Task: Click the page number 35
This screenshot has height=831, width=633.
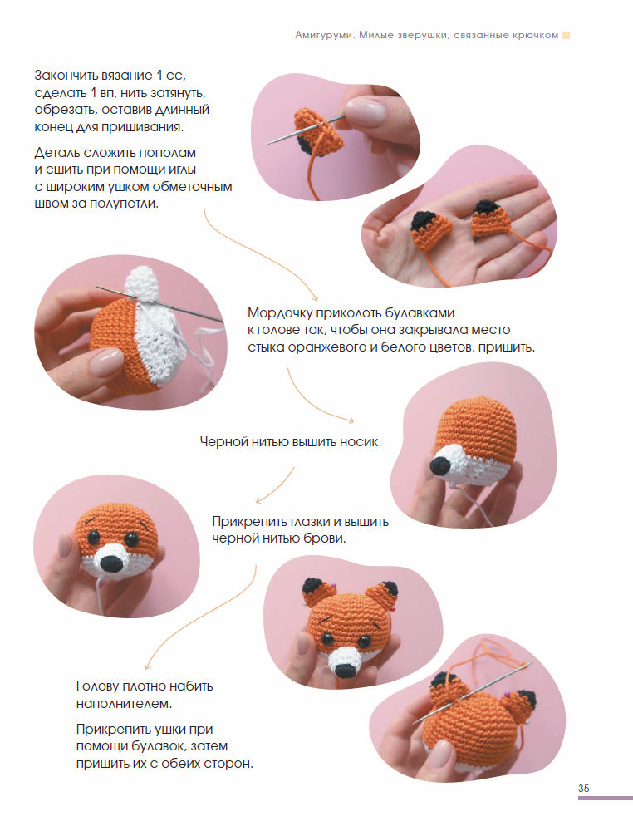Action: coord(583,788)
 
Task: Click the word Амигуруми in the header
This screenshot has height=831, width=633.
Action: coord(324,36)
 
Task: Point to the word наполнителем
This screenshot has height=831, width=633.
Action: coord(124,704)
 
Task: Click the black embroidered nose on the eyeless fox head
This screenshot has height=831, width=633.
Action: coord(441,465)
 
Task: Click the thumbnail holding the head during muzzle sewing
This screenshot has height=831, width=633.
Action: coord(106,361)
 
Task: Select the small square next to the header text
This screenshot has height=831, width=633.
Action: coord(567,36)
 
